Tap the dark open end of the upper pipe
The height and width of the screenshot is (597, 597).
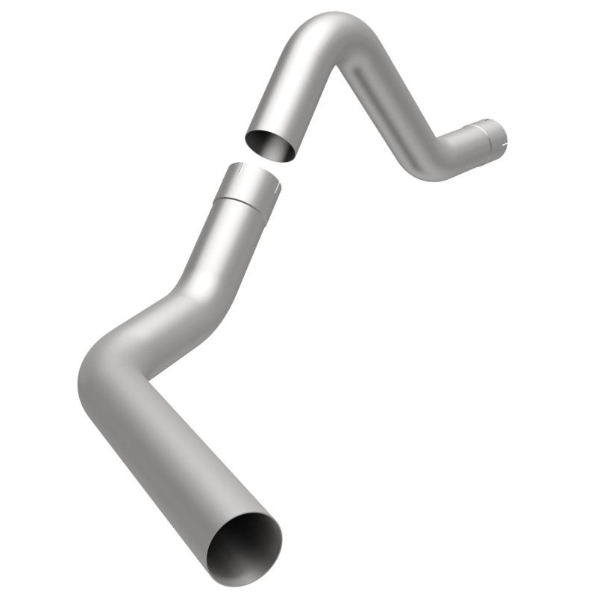point(270,144)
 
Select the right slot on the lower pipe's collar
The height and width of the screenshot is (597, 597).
point(275,190)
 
